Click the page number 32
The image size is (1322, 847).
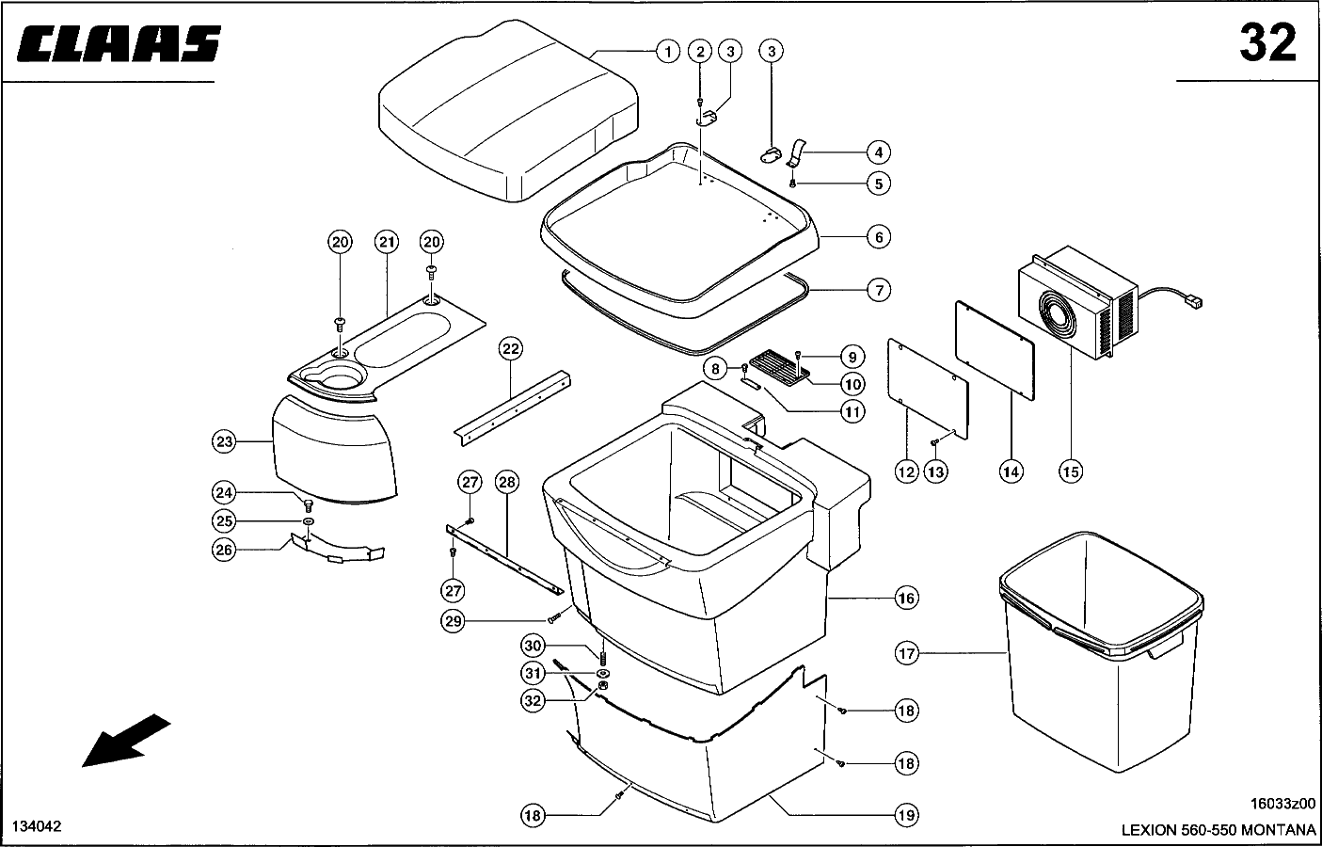click(1266, 43)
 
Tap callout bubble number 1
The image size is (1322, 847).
click(667, 51)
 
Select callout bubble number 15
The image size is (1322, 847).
click(1070, 470)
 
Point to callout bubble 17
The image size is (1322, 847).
click(906, 652)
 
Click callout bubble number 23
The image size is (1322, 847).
click(224, 440)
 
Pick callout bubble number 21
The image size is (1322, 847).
click(386, 242)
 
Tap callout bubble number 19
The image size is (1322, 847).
click(906, 815)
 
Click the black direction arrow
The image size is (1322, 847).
click(126, 741)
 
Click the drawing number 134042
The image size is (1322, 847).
click(37, 826)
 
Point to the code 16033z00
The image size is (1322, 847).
click(1282, 805)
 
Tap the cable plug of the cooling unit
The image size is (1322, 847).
click(1197, 302)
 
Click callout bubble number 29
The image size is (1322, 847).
click(454, 621)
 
